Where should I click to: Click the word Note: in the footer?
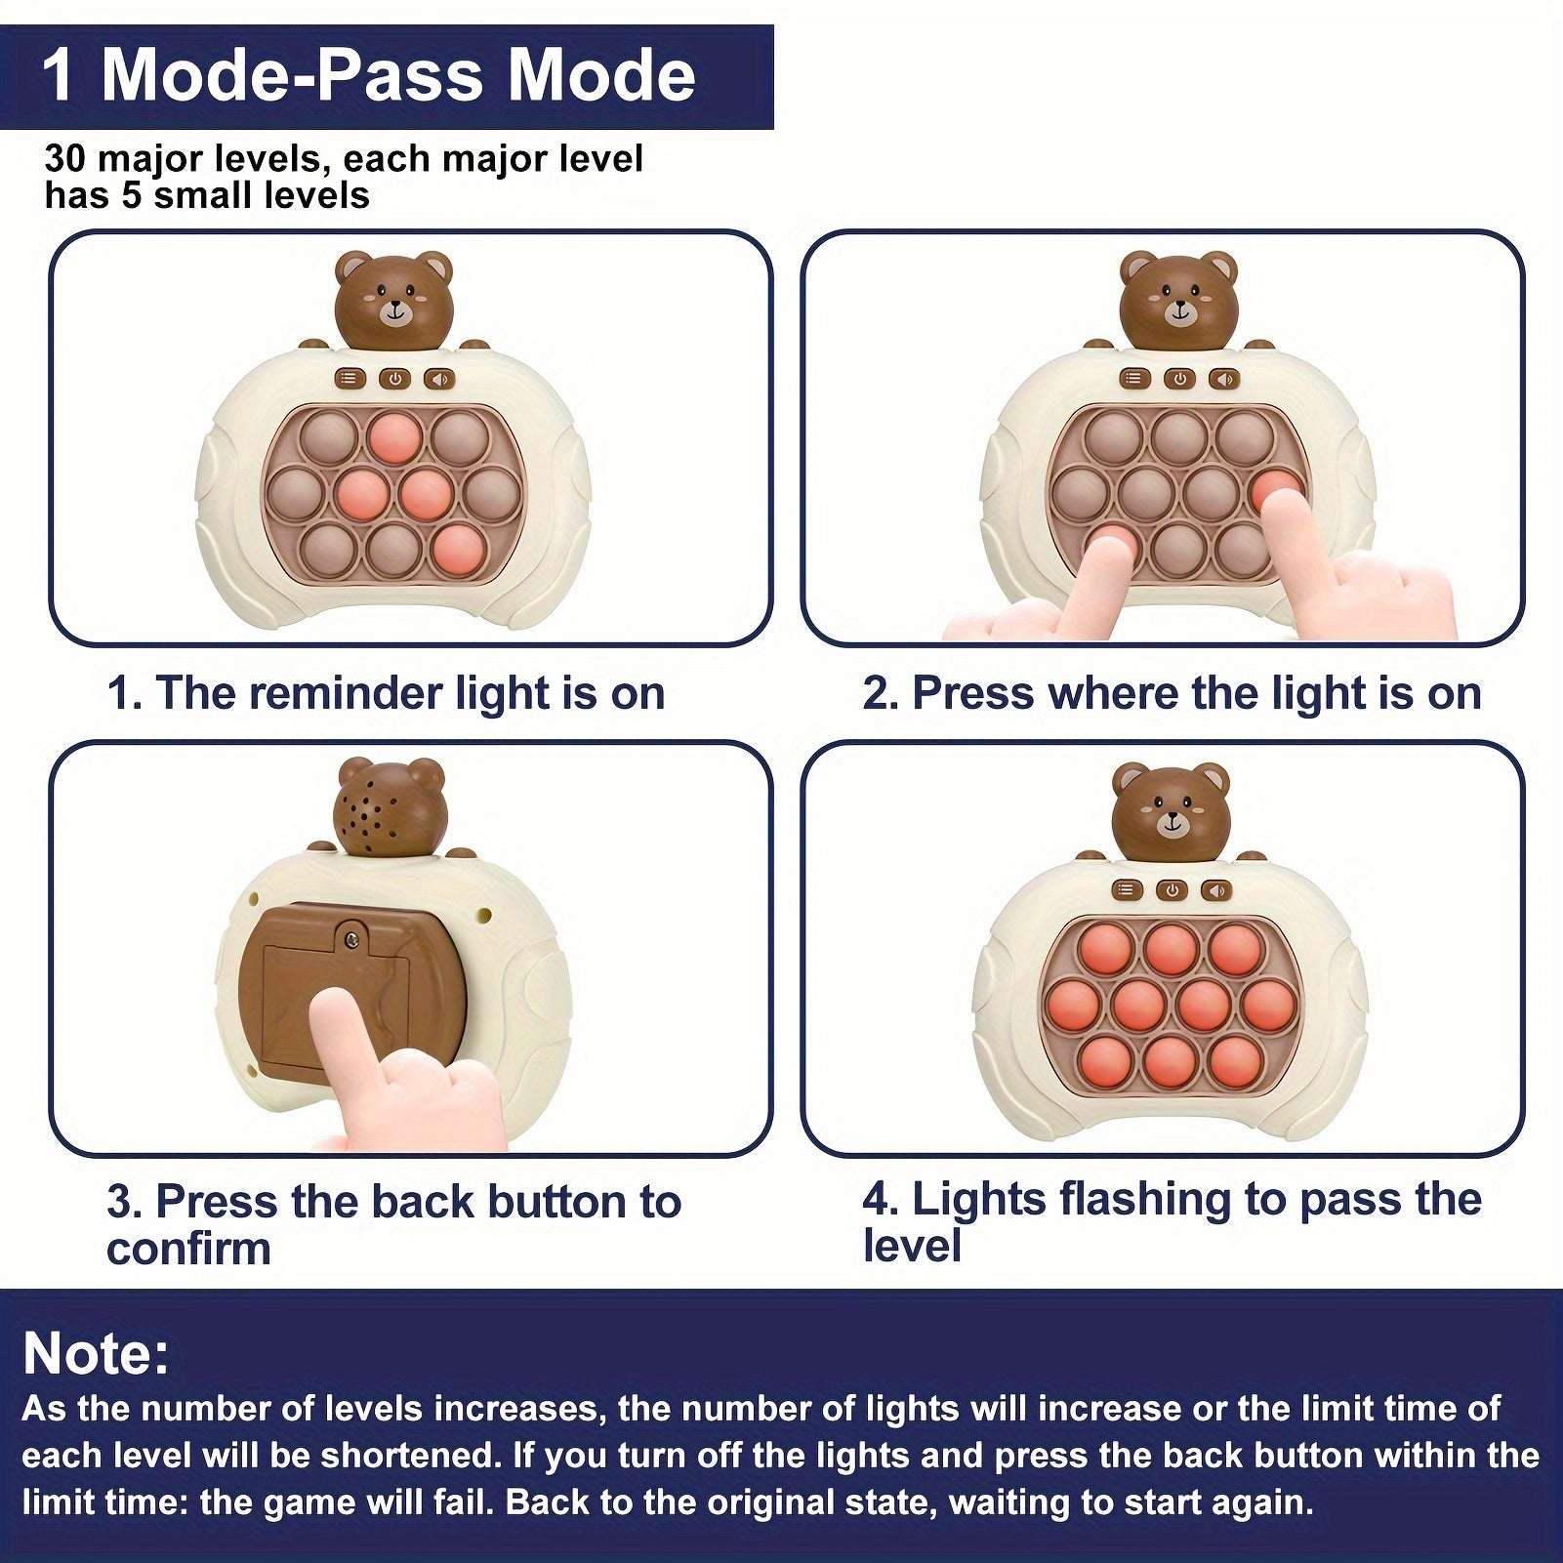[x=96, y=1353]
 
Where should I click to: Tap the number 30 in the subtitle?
[x=65, y=158]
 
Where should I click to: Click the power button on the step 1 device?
[x=394, y=378]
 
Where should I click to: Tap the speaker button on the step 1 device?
[x=438, y=378]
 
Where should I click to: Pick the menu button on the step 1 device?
[x=350, y=378]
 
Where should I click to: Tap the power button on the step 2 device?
[x=1179, y=378]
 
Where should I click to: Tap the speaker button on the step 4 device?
[x=1215, y=889]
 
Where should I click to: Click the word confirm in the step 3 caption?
[x=188, y=1249]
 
